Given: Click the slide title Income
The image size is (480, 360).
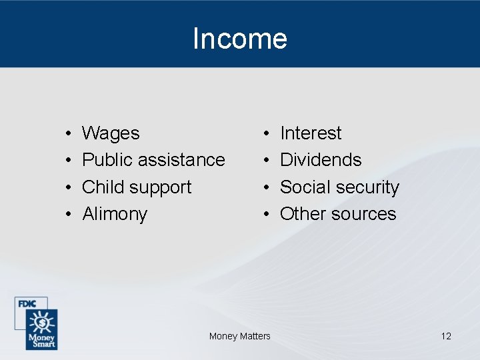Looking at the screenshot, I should click(240, 39).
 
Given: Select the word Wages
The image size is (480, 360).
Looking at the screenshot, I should click(111, 133).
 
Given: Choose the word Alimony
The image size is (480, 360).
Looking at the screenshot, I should click(115, 214).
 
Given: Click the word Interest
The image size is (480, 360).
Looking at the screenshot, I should click(311, 133).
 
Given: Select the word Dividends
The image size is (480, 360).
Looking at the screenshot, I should click(321, 160).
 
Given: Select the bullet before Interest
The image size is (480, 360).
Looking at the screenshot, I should click(266, 134).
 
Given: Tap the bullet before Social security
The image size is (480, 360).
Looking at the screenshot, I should click(266, 188).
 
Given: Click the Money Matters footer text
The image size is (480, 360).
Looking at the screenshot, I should click(240, 336).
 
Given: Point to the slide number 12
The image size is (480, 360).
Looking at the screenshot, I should click(446, 336).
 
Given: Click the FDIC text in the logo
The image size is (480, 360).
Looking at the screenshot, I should click(27, 303).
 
